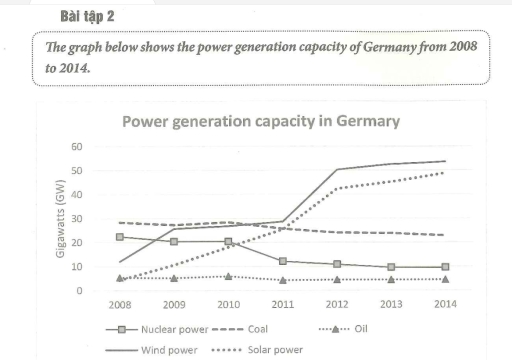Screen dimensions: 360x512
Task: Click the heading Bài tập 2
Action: click(62, 18)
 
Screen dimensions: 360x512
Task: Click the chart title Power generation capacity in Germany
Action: click(260, 121)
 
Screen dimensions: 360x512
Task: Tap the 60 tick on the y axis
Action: click(105, 147)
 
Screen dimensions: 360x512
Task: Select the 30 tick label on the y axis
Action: click(105, 219)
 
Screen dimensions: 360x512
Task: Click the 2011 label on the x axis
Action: click(283, 306)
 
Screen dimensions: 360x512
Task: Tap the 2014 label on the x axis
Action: click(445, 306)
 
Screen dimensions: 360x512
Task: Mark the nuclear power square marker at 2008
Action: click(121, 237)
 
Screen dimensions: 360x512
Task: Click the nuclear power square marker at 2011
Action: click(283, 261)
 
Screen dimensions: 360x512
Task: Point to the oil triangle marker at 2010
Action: click(229, 276)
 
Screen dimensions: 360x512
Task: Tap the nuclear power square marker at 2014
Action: click(445, 267)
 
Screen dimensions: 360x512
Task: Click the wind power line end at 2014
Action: click(445, 161)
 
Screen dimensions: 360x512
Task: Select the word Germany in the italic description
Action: click(377, 48)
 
